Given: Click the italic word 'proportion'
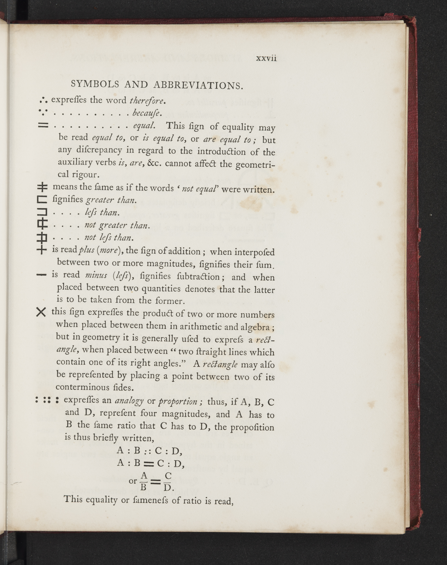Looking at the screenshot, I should click(178, 401).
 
